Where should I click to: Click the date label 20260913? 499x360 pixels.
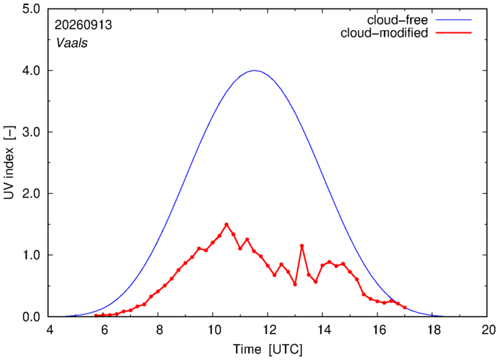(x=83, y=25)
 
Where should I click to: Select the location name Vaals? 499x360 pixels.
(x=72, y=43)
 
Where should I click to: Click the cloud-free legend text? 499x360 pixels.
(x=398, y=20)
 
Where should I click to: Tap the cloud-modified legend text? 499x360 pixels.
(x=384, y=33)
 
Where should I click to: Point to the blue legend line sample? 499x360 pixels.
(x=454, y=19)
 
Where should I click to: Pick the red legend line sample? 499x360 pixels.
(x=454, y=32)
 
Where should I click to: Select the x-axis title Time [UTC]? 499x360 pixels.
(x=267, y=349)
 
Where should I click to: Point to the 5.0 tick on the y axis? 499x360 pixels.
(x=31, y=9)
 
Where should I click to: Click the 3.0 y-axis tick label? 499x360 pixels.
(x=31, y=132)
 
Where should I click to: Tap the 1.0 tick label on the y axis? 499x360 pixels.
(x=31, y=255)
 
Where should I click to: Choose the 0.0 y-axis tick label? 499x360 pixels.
(x=31, y=317)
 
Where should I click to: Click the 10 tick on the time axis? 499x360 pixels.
(x=214, y=330)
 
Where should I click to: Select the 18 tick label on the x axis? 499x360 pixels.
(x=432, y=330)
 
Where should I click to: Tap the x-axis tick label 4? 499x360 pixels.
(x=49, y=330)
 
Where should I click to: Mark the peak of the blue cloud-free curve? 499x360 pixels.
(x=255, y=70)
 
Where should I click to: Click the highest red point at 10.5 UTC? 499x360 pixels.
(x=226, y=224)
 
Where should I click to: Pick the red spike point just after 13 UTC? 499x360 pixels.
(x=302, y=246)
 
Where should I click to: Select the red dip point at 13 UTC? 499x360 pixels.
(x=295, y=285)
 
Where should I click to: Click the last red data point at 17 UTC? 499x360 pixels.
(x=405, y=308)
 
